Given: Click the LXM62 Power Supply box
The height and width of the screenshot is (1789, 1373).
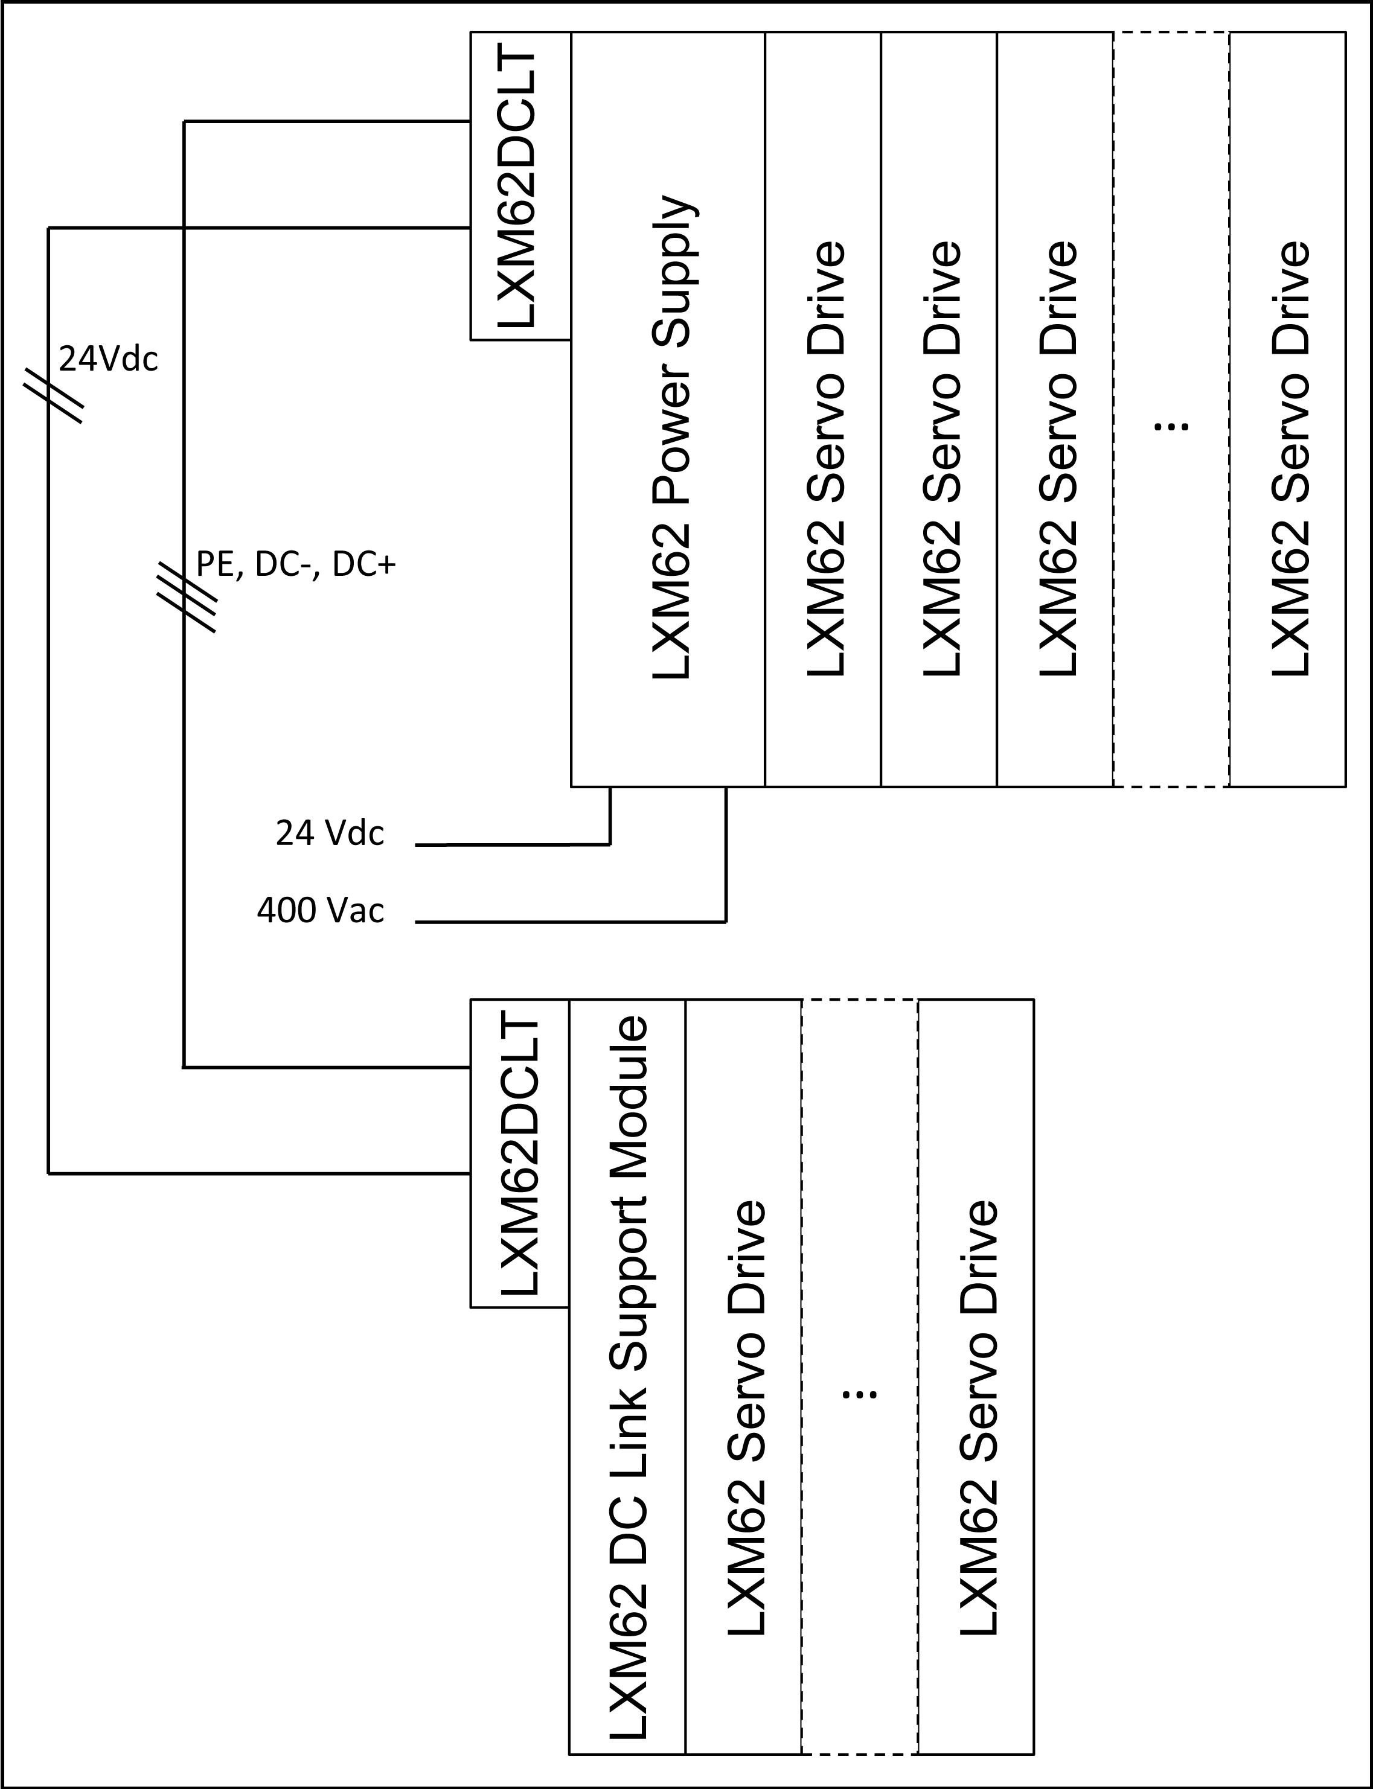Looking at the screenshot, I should pos(668,409).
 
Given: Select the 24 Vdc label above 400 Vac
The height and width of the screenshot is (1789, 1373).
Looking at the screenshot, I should pos(329,833).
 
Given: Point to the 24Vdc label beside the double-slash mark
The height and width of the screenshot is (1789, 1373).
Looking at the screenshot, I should pos(109,359).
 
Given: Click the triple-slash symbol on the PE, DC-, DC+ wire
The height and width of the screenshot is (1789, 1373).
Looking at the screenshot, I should pos(187,597).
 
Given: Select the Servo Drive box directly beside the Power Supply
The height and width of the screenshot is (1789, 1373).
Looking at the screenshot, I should pos(823,409).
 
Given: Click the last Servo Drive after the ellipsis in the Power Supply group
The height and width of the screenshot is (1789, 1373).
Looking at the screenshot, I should pos(1287,409).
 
